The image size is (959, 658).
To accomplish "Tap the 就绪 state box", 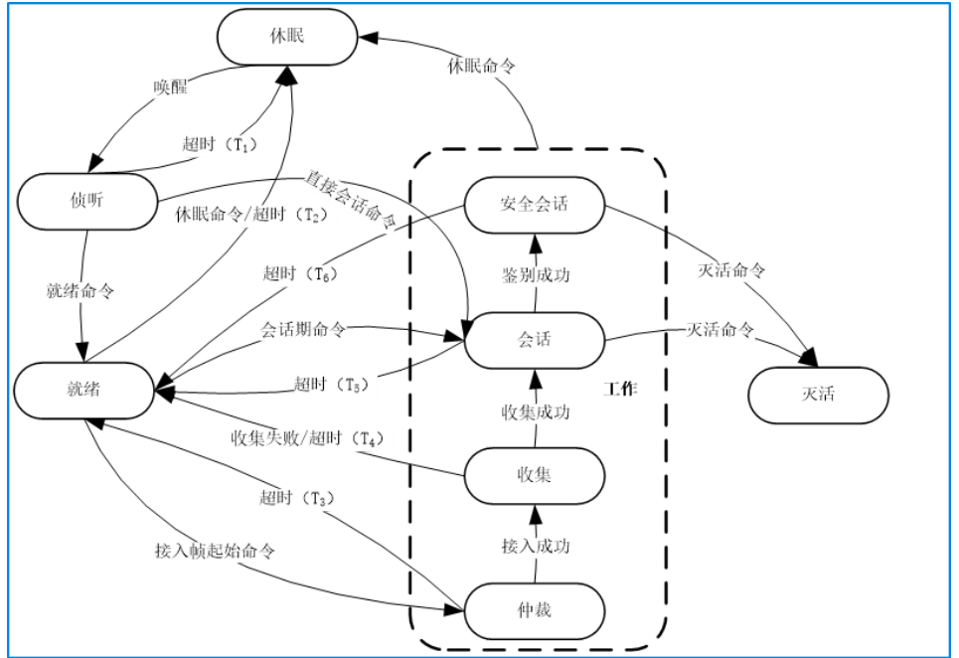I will coord(83,390).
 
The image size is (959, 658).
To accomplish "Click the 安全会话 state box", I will coord(535,204).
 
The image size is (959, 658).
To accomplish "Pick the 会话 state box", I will coord(535,340).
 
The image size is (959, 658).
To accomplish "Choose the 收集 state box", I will coord(535,475).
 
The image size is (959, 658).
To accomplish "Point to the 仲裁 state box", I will coord(535,609).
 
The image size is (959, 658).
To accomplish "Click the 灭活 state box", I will coord(818,395).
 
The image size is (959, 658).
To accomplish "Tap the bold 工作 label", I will coord(620,390).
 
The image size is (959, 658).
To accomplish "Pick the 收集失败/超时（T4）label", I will coord(307,437).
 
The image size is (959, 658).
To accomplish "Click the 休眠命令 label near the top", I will coord(481,68).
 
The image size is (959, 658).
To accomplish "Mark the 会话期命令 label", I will coord(303,329).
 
